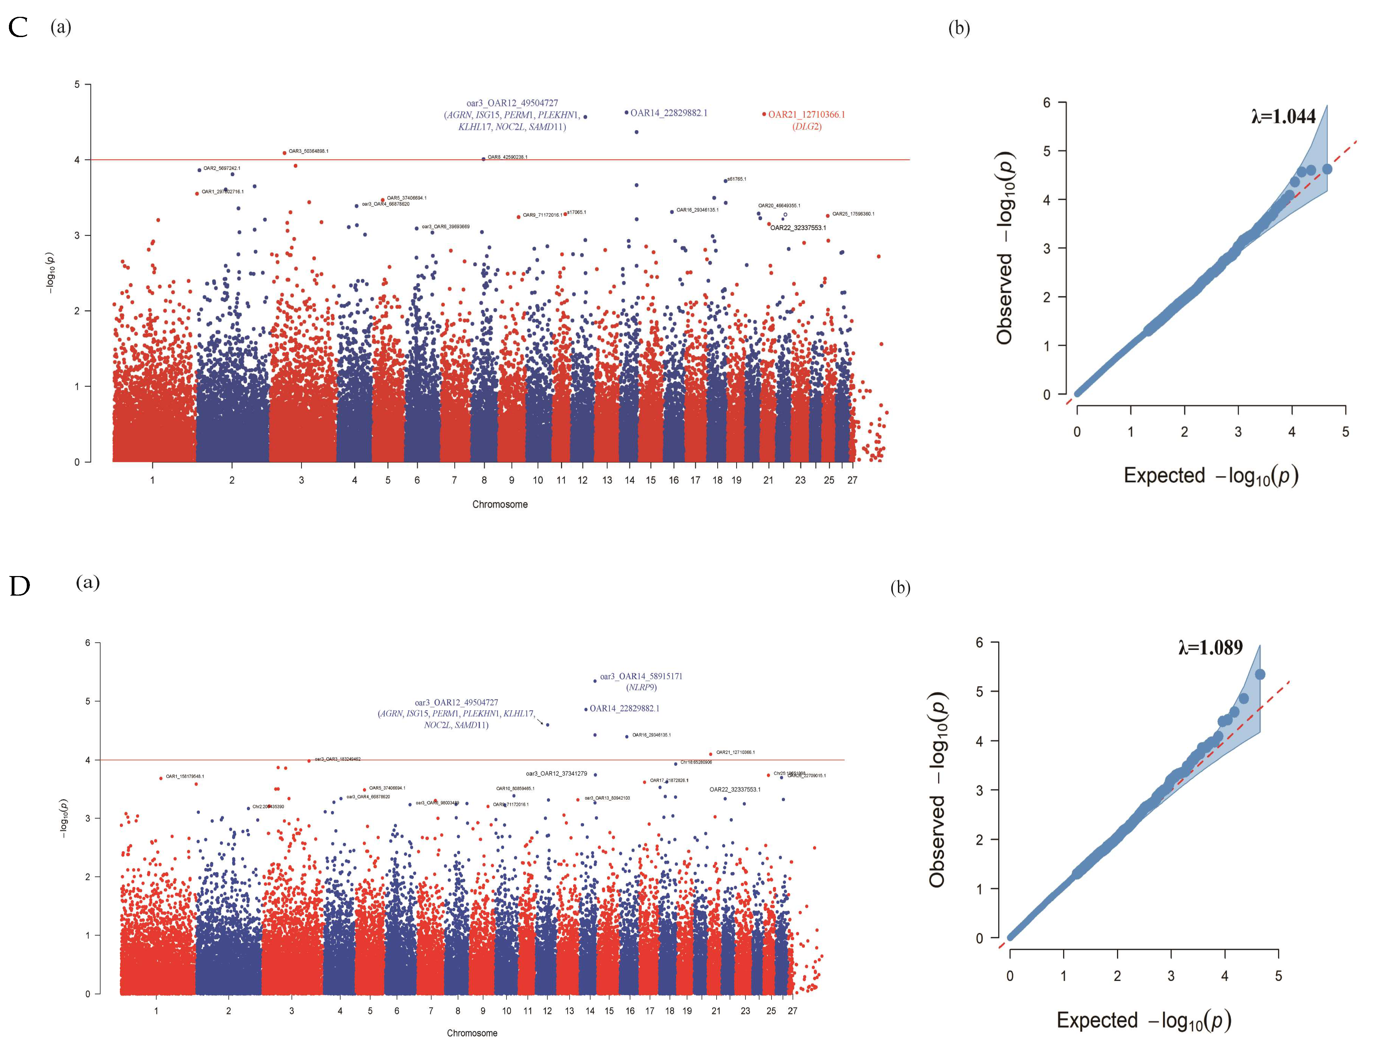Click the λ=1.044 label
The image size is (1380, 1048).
1283,117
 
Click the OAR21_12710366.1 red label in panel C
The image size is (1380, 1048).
806,114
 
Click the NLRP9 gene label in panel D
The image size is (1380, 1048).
641,687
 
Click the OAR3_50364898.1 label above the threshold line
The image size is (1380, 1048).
308,151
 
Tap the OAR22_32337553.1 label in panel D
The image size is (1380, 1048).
734,790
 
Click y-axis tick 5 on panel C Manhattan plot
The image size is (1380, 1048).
77,84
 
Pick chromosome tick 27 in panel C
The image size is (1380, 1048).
852,480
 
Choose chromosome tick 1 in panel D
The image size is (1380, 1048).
156,1011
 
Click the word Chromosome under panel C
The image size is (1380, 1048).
500,504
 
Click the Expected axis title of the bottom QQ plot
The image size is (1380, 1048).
1143,1021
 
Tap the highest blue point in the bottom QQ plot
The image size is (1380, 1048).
1259,674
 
